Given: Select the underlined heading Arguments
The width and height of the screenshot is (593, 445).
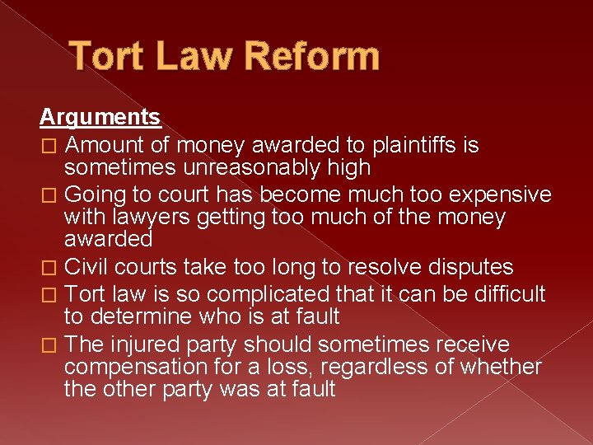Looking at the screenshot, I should [x=100, y=117].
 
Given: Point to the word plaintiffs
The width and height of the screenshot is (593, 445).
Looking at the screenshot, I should [x=407, y=145].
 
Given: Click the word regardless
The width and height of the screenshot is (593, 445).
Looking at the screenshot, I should [x=375, y=366].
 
